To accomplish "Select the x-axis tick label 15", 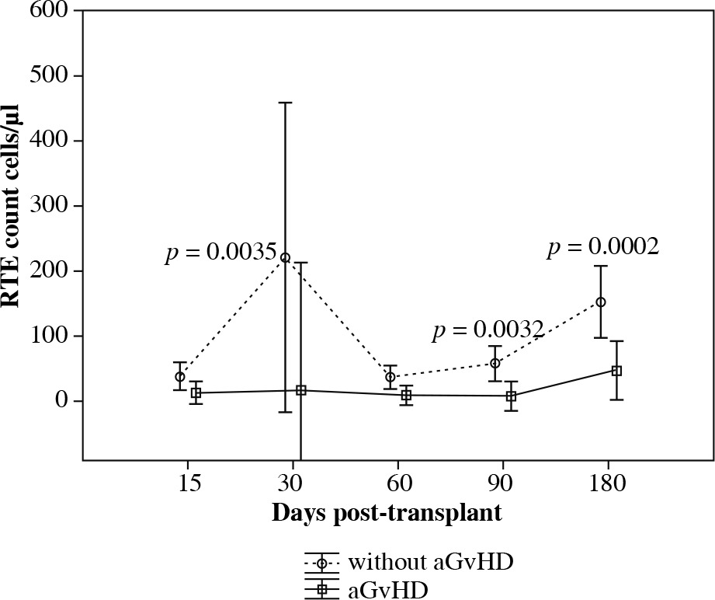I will tap(189, 483).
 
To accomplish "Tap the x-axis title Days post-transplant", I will tap(386, 514).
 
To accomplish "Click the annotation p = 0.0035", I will tap(220, 253).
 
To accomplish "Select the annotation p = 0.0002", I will tap(603, 248).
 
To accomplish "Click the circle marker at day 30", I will tap(285, 257).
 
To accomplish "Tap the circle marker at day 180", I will tap(600, 302).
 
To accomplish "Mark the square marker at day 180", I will tap(616, 371).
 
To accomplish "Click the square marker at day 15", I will tap(196, 393).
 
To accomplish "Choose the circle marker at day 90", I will tap(495, 363).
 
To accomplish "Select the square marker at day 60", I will tap(406, 395).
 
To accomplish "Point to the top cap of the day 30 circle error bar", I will tap(285, 103).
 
